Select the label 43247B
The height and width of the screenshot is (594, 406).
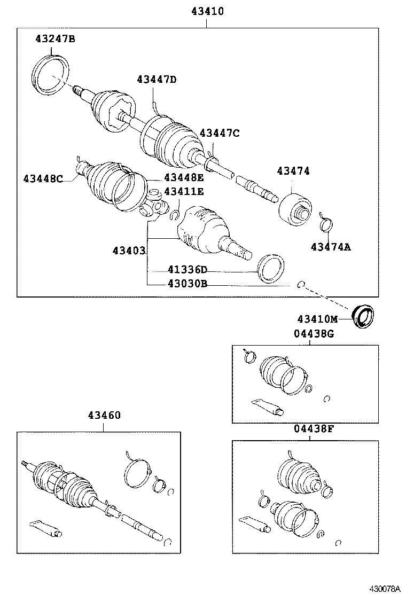(x=56, y=38)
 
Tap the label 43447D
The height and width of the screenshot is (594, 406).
(x=156, y=80)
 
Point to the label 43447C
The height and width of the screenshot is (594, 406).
(x=220, y=133)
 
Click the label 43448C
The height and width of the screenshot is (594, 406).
(x=43, y=178)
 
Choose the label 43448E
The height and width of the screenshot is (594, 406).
(x=184, y=178)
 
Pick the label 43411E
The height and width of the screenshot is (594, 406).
(x=184, y=191)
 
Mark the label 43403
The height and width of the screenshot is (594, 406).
(x=129, y=250)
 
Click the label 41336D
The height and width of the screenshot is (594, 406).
(x=187, y=270)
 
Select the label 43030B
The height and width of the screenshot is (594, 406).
(x=187, y=284)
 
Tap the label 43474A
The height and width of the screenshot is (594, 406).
(x=331, y=246)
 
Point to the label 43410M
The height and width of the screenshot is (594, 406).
(x=318, y=319)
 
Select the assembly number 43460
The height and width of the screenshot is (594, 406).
(x=104, y=415)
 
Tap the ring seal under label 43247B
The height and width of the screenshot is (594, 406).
(x=51, y=73)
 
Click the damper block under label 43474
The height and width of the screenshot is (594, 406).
(x=295, y=210)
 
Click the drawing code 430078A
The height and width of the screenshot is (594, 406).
(x=386, y=588)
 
